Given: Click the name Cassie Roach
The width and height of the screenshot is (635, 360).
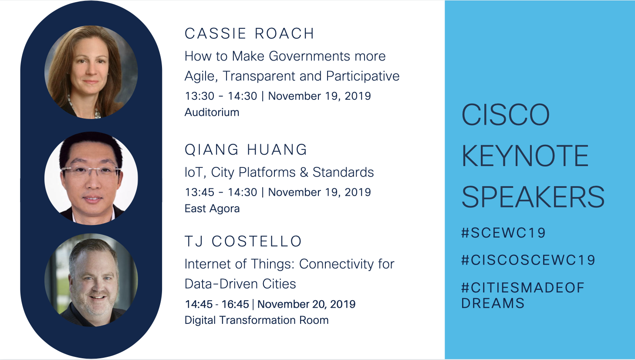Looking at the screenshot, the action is click(250, 34).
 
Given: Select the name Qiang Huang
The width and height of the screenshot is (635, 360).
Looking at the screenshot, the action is click(246, 149).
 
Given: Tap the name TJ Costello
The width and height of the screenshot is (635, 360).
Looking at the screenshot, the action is click(243, 241).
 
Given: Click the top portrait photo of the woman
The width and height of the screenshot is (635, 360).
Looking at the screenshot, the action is click(91, 72).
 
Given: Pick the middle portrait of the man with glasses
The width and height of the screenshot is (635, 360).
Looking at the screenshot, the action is click(91, 178).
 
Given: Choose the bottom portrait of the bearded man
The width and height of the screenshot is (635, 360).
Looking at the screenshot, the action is click(91, 280).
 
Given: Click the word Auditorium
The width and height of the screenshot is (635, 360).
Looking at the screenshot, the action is click(212, 112).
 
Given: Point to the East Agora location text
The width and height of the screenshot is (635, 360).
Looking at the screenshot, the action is click(212, 209).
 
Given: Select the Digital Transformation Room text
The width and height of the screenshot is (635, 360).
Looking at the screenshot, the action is click(257, 320).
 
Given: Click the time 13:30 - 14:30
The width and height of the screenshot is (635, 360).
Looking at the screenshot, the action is click(221, 96).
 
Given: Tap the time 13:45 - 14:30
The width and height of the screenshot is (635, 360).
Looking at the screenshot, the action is click(221, 192).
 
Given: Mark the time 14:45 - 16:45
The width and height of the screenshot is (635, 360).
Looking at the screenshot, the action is click(217, 304).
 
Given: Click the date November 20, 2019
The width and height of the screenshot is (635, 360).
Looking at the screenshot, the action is click(307, 304).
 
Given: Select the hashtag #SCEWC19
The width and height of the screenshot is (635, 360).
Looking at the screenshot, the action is click(503, 233).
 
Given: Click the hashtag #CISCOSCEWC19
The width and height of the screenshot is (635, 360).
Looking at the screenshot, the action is click(528, 260).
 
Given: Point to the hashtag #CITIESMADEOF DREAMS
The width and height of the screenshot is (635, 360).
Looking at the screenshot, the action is click(523, 295).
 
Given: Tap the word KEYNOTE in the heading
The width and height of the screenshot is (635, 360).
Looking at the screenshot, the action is click(525, 156).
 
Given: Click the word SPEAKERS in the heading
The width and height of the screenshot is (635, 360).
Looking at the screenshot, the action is click(533, 197).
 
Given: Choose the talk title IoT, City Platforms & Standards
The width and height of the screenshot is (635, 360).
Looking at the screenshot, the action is click(279, 173).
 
